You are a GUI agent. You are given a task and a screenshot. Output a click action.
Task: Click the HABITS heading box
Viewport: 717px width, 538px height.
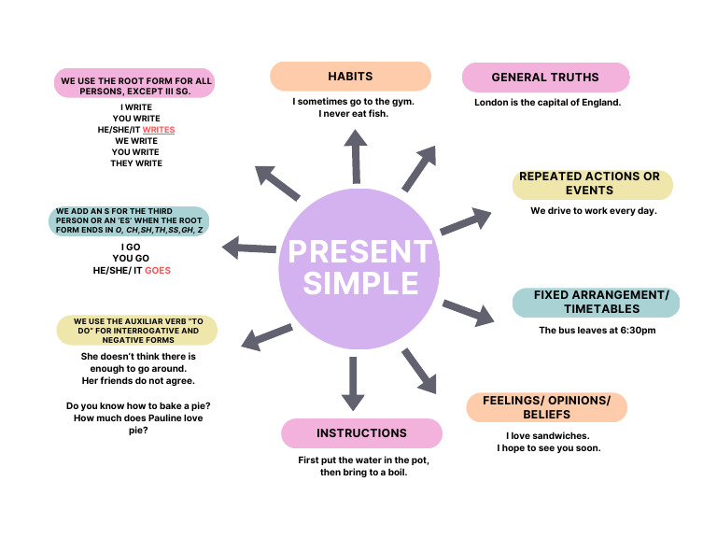[350, 76]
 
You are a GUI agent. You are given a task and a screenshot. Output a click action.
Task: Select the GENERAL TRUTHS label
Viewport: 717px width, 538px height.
[545, 77]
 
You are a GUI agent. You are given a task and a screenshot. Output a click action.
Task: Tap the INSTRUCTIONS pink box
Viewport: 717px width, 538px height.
[361, 433]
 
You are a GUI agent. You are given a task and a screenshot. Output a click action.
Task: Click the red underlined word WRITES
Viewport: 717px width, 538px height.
[159, 130]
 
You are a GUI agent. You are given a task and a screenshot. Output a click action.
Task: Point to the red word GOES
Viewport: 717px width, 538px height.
[158, 270]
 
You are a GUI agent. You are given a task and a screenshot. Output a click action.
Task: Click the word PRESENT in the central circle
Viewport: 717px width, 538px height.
[359, 251]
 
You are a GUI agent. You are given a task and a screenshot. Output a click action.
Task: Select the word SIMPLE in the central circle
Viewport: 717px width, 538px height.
[359, 283]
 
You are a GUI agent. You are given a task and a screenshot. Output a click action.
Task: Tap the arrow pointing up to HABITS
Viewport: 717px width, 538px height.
[355, 156]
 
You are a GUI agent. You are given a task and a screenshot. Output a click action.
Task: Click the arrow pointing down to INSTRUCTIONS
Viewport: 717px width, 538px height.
[353, 383]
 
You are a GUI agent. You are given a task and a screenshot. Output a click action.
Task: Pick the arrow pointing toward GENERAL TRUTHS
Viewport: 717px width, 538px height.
[419, 168]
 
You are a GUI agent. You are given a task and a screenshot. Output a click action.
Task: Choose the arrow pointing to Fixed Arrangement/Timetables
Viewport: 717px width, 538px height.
[468, 312]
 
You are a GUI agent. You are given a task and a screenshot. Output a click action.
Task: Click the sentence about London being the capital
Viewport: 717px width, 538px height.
[547, 102]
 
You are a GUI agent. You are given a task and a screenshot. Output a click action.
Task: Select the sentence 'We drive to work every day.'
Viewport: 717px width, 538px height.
[594, 210]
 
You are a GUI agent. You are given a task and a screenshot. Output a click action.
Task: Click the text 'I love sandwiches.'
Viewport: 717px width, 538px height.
[548, 435]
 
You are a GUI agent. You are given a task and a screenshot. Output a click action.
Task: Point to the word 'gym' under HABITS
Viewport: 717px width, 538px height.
[400, 101]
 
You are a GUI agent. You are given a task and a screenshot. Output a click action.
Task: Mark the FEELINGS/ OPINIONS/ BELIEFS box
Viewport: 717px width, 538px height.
[546, 407]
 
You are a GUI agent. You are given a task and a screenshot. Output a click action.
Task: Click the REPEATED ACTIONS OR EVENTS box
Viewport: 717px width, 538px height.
[592, 183]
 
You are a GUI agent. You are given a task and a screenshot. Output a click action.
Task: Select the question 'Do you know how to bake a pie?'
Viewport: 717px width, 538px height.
[137, 406]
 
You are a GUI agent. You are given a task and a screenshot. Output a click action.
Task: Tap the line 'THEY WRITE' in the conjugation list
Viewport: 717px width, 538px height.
[136, 163]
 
